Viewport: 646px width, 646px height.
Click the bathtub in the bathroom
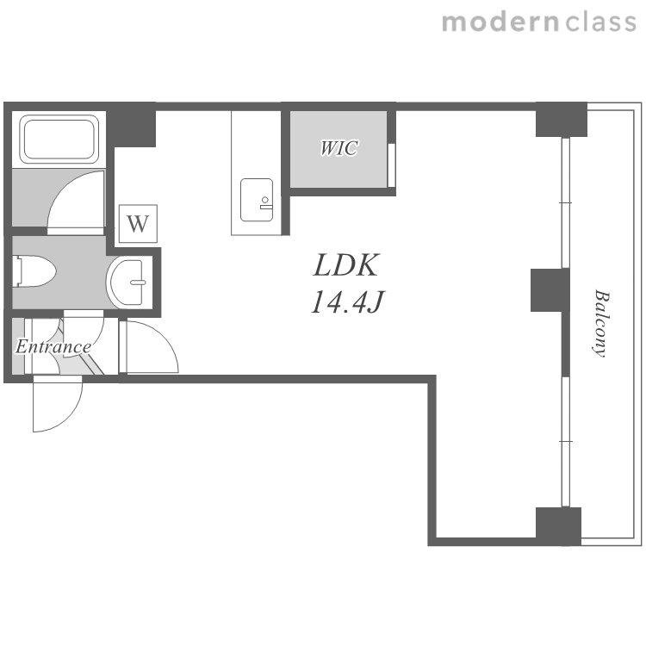(x=59, y=140)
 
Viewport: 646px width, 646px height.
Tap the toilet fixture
(x=34, y=270)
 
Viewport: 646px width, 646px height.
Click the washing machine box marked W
(x=138, y=224)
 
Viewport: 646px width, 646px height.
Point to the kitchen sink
(x=257, y=200)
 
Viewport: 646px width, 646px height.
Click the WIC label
(x=339, y=148)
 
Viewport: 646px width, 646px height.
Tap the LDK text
(x=345, y=265)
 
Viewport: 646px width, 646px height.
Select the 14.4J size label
(x=347, y=301)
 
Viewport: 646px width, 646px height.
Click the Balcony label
(x=601, y=324)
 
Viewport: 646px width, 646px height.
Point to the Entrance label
(x=53, y=347)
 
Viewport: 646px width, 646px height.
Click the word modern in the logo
(x=500, y=22)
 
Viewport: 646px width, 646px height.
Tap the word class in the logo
(x=601, y=22)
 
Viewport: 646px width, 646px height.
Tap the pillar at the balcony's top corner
(x=561, y=120)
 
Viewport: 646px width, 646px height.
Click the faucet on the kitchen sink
(x=266, y=203)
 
